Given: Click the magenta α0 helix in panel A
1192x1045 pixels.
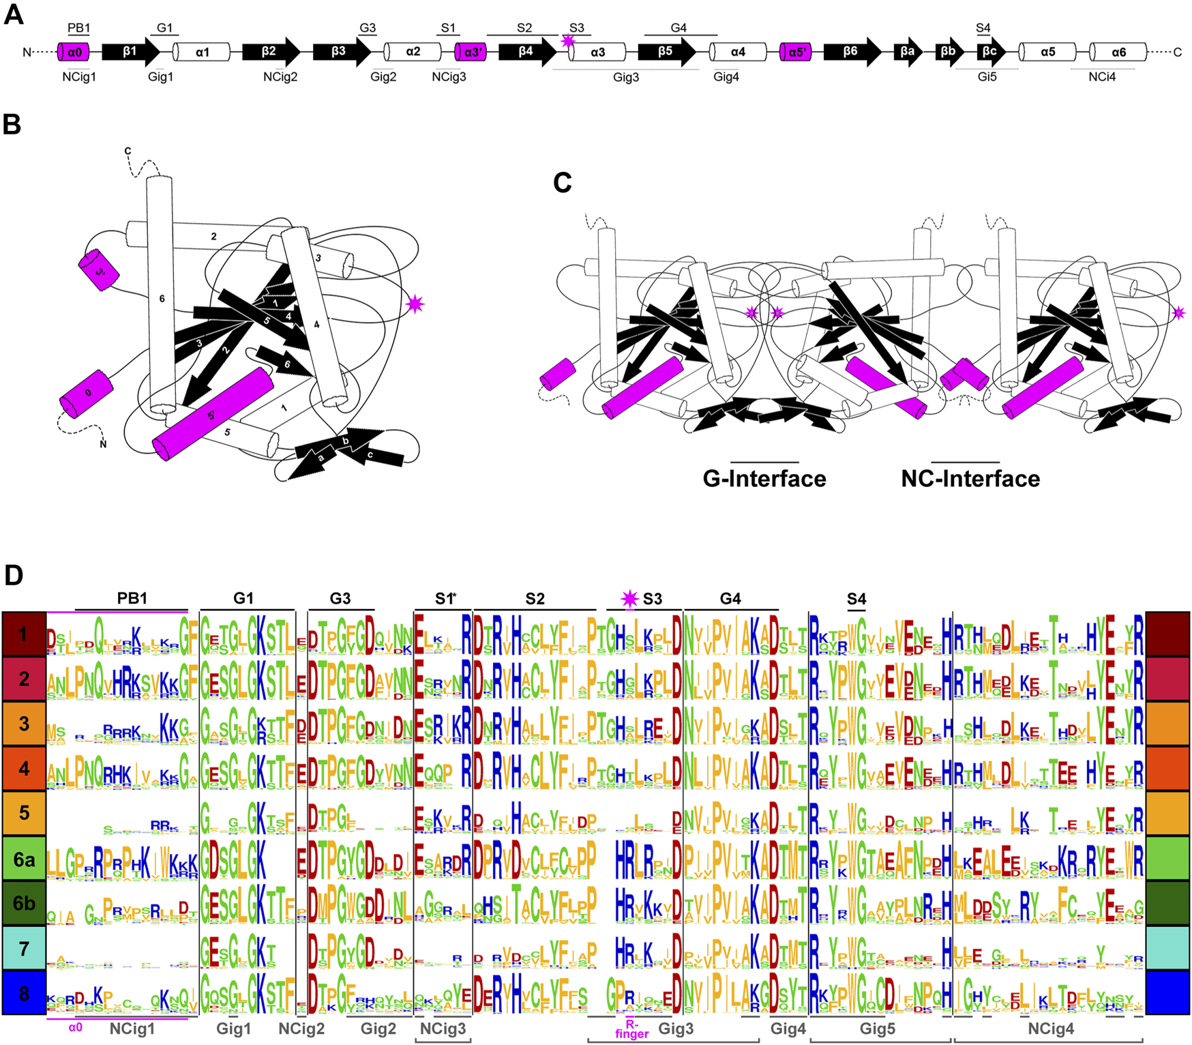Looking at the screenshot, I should point(73,52).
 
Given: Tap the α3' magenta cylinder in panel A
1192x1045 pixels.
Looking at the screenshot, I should point(471,52).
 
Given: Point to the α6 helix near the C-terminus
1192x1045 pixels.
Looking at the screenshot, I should point(1118,52).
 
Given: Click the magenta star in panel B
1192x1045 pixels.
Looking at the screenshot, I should point(415,304).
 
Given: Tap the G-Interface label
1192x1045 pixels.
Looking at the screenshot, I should point(764,479).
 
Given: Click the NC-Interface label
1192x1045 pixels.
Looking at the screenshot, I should point(970,479).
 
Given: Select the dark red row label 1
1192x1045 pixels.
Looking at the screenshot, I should point(24,634).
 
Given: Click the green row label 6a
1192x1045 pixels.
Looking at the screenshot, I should point(24,859).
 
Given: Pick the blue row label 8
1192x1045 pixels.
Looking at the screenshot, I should point(24,993).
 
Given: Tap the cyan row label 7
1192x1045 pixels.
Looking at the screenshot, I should point(24,948).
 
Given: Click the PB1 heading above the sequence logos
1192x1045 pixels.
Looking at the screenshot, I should point(132,598).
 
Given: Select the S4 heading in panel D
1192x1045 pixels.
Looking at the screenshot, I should point(856,599).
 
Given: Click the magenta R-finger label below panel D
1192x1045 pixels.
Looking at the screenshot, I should point(632,1029).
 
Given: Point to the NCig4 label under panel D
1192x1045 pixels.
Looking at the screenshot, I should point(1051,1029).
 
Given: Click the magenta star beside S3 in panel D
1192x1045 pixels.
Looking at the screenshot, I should point(629,599).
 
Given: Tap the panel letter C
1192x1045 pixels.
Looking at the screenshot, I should point(563,183).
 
